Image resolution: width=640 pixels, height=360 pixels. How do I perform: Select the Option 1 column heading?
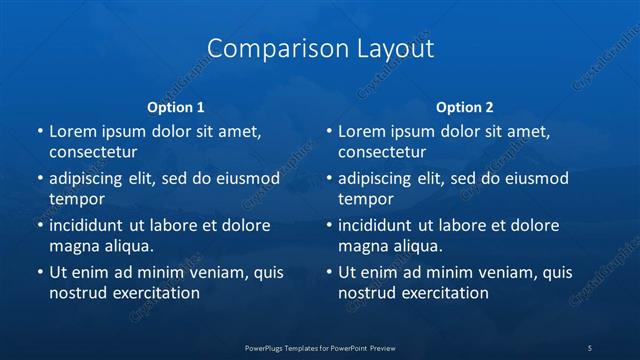tap(176, 106)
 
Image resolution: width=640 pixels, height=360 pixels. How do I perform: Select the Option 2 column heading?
tap(465, 106)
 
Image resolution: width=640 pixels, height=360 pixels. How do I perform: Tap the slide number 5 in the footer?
tap(590, 347)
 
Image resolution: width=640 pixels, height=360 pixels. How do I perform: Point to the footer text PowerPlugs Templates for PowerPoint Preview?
tap(320, 347)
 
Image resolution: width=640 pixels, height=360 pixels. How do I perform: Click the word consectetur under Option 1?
tap(92, 152)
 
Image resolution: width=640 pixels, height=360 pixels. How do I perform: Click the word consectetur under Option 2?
tap(381, 152)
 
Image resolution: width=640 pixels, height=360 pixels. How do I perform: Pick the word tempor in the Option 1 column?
tap(74, 199)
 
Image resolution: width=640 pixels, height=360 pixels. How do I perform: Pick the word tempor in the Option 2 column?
tap(363, 199)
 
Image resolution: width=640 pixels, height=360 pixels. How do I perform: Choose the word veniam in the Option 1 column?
tap(215, 273)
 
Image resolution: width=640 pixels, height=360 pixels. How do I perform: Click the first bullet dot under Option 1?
tap(39, 132)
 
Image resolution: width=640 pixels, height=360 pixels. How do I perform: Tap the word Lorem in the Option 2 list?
tap(362, 132)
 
